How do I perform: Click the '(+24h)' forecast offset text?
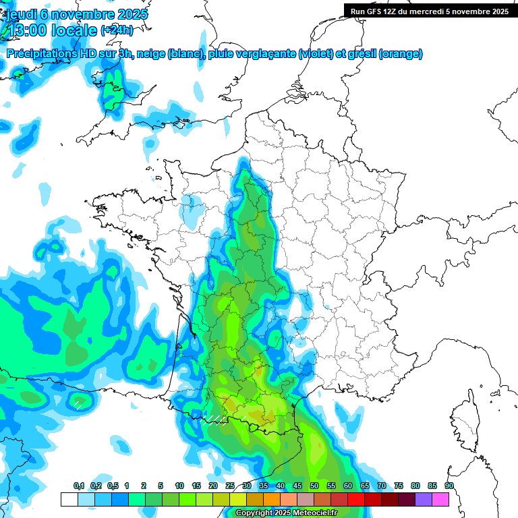117,30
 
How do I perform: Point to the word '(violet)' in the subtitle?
316,54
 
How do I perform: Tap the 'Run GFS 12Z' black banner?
430,11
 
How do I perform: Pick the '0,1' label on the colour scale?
79,486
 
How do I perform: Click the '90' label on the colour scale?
449,486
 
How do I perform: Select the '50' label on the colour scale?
314,486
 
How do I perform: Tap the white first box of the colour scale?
69,499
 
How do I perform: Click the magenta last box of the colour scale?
440,499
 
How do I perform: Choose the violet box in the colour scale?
424,499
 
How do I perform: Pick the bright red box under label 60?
356,499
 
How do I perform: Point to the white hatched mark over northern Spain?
79,404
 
